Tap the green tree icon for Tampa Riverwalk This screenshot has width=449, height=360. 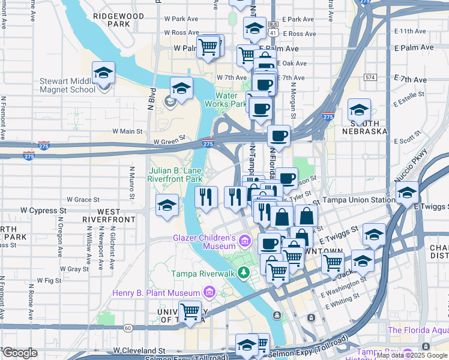click(x=244, y=274)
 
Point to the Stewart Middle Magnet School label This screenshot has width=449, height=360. click(x=67, y=85)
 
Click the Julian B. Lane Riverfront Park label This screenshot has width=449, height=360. click(x=176, y=174)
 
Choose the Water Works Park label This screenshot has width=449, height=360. click(x=226, y=100)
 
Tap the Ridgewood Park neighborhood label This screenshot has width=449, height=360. click(x=119, y=20)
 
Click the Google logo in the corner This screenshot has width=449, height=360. click(x=20, y=352)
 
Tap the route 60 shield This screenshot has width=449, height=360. click(x=128, y=328)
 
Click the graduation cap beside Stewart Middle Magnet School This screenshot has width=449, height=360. click(x=103, y=73)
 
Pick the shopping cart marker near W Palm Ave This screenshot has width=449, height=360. click(x=208, y=46)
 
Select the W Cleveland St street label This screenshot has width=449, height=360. click(x=139, y=350)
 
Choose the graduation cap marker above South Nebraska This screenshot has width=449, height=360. click(x=359, y=110)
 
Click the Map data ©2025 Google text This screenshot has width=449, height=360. click(x=412, y=355)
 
